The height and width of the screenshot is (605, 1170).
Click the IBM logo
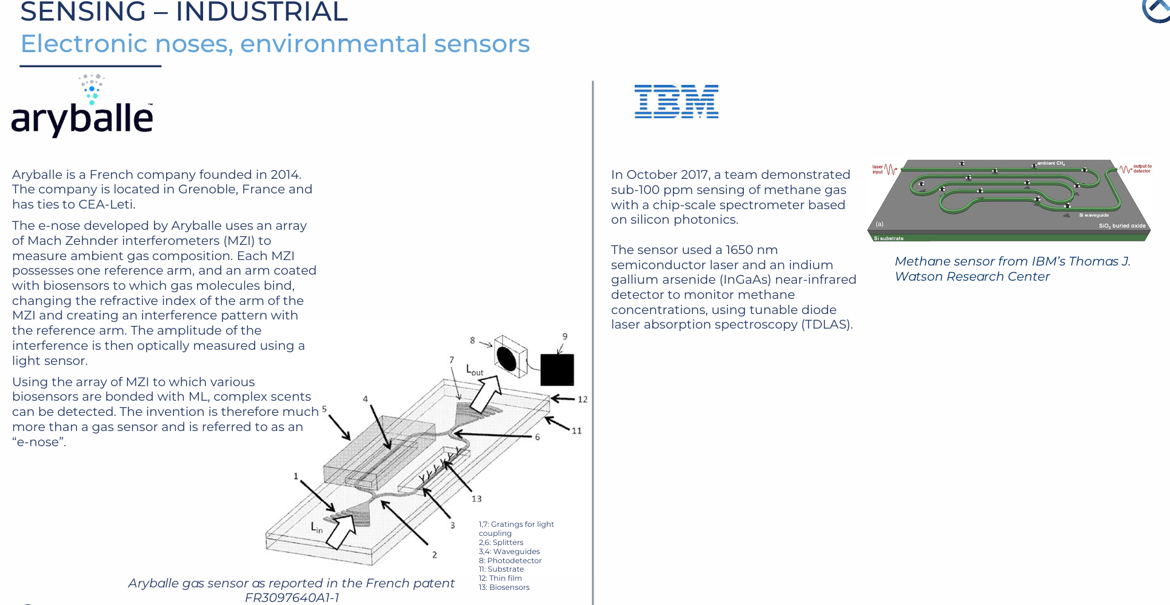point(676,101)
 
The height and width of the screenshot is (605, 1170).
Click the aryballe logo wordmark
point(82,118)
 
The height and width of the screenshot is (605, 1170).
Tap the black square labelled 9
point(557,370)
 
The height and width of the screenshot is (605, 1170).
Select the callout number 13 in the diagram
point(476,499)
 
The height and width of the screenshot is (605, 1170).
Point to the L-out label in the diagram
point(474,370)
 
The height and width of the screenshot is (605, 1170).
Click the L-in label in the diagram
point(316,527)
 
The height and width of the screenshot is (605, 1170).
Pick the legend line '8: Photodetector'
point(510,561)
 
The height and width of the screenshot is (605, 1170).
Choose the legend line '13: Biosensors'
point(504,587)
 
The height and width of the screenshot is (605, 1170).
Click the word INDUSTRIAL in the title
point(262,12)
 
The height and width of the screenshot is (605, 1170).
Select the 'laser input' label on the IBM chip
point(877,169)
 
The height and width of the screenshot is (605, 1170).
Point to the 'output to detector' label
point(1142,169)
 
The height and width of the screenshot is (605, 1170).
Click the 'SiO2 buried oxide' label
point(1122,226)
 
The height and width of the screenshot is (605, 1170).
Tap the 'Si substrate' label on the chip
point(888,238)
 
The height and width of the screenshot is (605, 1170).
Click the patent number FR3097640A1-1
point(292,598)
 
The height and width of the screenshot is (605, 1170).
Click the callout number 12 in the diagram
point(583,399)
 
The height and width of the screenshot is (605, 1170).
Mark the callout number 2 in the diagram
point(434,555)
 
